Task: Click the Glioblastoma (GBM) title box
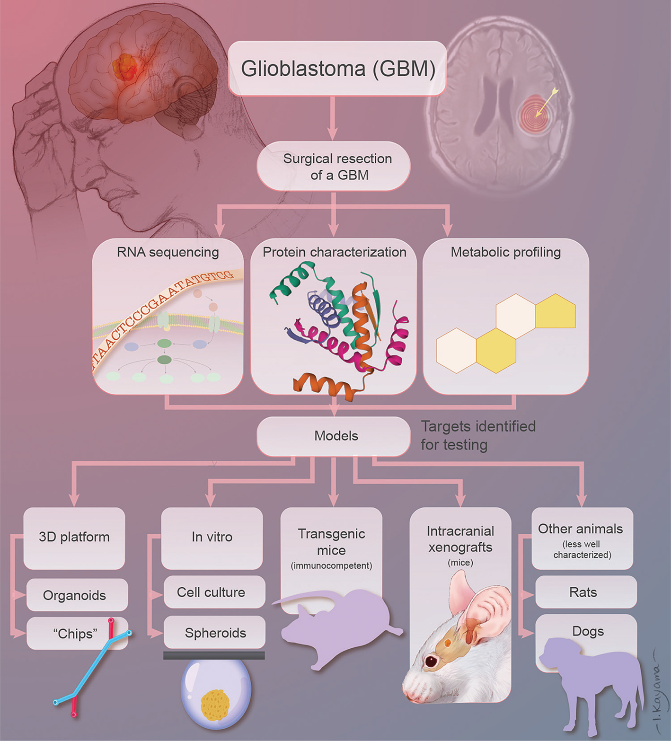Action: click(337, 69)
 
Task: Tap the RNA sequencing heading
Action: click(168, 252)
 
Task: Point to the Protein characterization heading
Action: click(334, 252)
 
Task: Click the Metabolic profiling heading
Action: click(505, 252)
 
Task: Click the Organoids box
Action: click(75, 595)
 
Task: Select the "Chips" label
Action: click(75, 634)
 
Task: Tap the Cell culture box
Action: click(212, 592)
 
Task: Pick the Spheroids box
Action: click(215, 633)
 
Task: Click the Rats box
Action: click(583, 592)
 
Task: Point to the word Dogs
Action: click(588, 631)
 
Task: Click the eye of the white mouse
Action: click(431, 661)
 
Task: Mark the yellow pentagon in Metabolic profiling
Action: click(556, 312)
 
